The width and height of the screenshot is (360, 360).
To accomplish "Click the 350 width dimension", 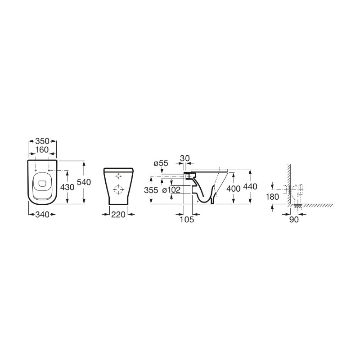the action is click(42, 141).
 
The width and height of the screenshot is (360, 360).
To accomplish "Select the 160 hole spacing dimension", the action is click(42, 150).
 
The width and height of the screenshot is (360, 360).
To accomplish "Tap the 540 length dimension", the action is click(84, 182).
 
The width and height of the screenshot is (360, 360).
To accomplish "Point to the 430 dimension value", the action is click(67, 187).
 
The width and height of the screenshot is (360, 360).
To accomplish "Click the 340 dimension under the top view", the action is click(42, 215).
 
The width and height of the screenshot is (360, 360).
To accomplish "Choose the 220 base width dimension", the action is click(118, 215).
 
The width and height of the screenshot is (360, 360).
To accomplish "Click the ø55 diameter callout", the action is click(161, 163).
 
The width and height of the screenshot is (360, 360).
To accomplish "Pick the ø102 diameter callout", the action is click(171, 190).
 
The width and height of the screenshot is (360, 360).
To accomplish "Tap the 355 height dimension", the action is click(151, 190).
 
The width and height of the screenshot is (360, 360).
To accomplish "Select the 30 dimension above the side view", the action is click(185, 158).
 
